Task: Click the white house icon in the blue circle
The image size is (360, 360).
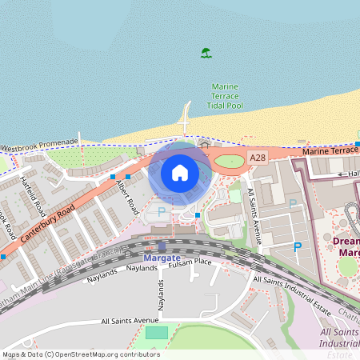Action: tap(180, 172)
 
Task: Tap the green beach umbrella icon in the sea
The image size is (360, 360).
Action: tap(206, 54)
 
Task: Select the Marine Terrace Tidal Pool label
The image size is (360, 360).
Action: tap(225, 95)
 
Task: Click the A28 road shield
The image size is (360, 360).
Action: tap(257, 160)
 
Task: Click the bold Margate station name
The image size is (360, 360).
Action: tap(162, 258)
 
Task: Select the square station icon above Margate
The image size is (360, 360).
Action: tap(162, 247)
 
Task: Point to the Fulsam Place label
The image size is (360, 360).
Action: tap(190, 262)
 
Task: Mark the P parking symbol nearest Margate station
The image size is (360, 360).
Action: tap(162, 212)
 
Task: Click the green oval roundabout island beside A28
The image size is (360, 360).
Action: tap(229, 162)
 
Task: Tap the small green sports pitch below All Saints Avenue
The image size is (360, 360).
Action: tap(157, 332)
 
